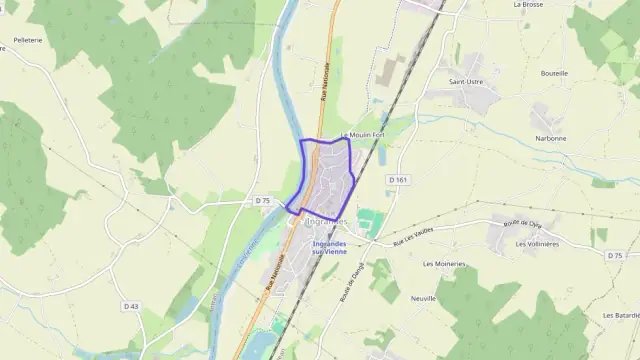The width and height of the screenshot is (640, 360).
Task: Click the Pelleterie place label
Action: pyautogui.click(x=27, y=41)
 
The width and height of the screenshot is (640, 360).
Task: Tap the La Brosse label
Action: pyautogui.click(x=527, y=5)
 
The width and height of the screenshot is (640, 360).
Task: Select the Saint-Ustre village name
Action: pyautogui.click(x=467, y=81)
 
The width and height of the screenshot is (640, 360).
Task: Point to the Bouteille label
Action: pyautogui.click(x=554, y=73)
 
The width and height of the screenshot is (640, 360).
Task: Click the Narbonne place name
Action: pyautogui.click(x=550, y=138)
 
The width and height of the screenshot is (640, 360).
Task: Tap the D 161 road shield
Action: pyautogui.click(x=399, y=179)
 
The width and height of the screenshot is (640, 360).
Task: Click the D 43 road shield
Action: pyautogui.click(x=130, y=305)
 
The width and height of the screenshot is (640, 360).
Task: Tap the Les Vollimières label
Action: pyautogui.click(x=537, y=243)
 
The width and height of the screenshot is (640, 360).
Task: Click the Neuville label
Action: pyautogui.click(x=424, y=298)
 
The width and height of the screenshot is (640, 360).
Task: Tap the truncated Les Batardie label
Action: pyautogui.click(x=621, y=315)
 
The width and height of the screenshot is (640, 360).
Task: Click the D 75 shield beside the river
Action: pyautogui.click(x=263, y=201)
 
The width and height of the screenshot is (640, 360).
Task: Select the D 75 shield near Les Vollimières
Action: pyautogui.click(x=615, y=255)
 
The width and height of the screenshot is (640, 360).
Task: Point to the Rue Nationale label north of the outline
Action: pyautogui.click(x=325, y=83)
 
